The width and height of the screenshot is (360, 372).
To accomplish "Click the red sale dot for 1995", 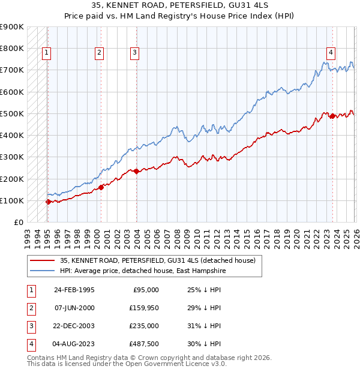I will click(x=48, y=202).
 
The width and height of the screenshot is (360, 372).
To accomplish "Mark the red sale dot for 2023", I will click(x=332, y=116).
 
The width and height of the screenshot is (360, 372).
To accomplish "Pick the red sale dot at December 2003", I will click(x=137, y=171).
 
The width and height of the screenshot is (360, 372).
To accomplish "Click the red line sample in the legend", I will click(x=42, y=260).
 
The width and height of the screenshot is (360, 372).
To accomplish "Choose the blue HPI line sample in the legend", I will click(x=42, y=271).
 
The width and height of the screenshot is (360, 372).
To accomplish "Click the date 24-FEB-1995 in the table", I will click(x=74, y=290).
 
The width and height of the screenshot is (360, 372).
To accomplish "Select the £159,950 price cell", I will click(x=143, y=308).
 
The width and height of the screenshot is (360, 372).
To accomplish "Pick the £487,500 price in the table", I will click(x=143, y=344).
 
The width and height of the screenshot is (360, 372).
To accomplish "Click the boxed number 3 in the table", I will click(x=31, y=326).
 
